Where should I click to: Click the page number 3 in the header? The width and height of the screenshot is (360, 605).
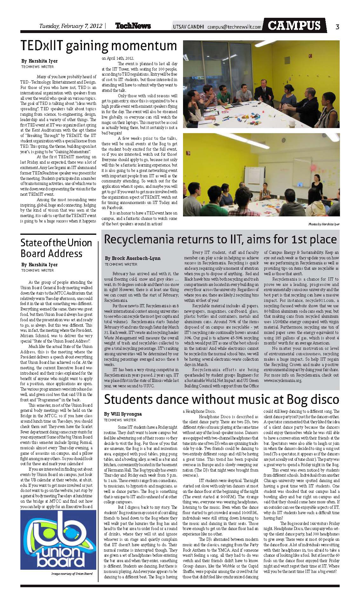coord(337,27)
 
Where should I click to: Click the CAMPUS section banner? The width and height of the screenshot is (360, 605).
coord(294,26)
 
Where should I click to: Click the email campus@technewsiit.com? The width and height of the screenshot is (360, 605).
coord(234,27)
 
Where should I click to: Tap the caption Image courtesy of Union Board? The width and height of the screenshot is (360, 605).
coord(72,574)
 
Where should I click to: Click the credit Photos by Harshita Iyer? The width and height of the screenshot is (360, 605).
coord(323,224)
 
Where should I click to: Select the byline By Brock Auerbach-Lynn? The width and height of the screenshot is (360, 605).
coord(132,258)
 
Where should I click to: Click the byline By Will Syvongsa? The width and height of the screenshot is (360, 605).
coord(123,414)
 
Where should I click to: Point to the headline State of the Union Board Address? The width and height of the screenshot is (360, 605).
coord(56,248)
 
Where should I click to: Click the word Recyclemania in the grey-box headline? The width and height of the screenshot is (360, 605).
coord(140,239)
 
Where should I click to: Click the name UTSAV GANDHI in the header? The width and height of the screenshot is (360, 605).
coord(189,27)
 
